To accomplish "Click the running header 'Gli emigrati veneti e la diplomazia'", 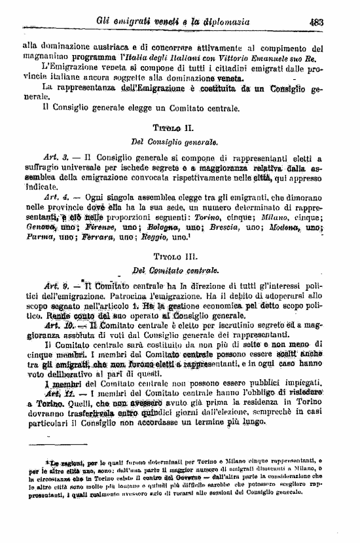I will (164, 21).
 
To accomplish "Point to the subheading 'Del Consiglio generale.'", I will (173, 141).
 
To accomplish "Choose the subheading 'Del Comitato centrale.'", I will (173, 270).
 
